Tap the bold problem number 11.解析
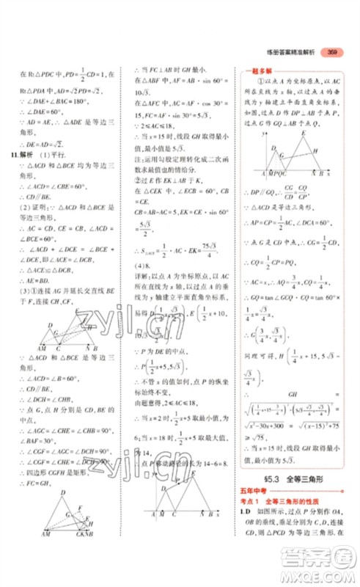(x=26, y=155)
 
